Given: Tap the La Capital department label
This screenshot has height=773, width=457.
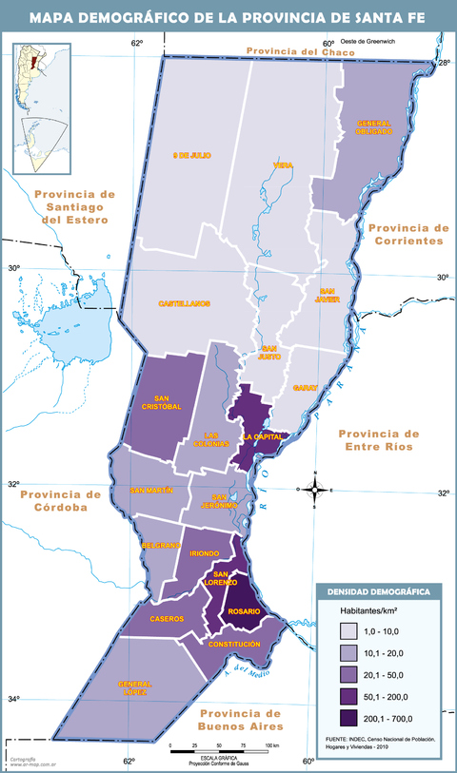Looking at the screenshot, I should click(x=262, y=436).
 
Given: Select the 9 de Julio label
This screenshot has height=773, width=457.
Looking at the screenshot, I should click(x=190, y=155).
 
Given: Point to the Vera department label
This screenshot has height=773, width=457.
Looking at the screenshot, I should click(x=282, y=165).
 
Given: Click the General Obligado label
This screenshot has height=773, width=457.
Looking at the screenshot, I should click(x=374, y=127).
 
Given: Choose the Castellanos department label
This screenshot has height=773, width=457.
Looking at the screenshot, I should click(x=184, y=303).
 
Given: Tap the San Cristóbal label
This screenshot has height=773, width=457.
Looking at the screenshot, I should click(x=161, y=402).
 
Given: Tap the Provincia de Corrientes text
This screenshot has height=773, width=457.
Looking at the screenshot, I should click(x=407, y=234).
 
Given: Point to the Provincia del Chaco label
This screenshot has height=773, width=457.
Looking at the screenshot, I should click(x=300, y=51).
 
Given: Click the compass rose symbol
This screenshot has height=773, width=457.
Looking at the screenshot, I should click(x=314, y=490).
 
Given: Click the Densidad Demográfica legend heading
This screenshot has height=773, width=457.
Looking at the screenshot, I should click(x=378, y=591).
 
